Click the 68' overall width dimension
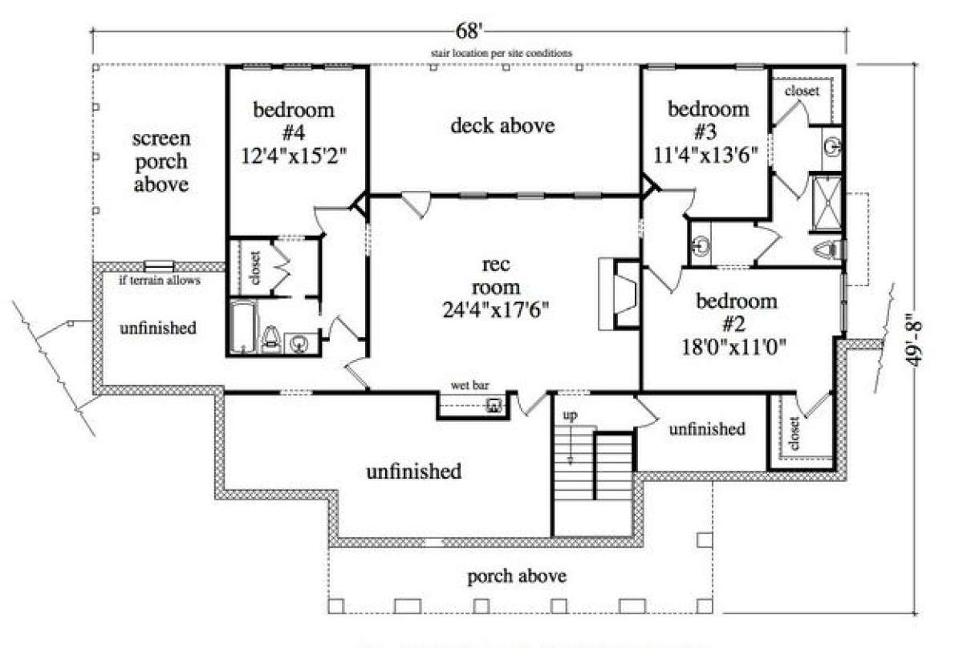tap(469, 31)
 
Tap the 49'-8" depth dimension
tap(915, 345)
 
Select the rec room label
tap(496, 276)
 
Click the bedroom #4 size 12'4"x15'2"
tap(294, 156)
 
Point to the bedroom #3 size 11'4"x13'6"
tap(705, 155)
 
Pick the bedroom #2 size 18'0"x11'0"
tap(734, 347)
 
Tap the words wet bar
tap(470, 385)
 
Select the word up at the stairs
tap(570, 415)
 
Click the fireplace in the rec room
tap(620, 295)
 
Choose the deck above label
tap(502, 125)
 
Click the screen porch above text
tap(161, 161)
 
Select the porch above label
tap(517, 577)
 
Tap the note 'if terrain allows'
tap(160, 280)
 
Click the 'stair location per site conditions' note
tap(502, 53)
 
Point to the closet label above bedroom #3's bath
tap(802, 91)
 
